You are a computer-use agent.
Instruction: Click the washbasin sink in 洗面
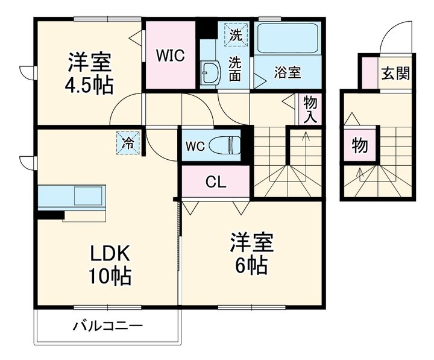(x=210, y=74)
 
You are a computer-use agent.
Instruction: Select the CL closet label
(x=215, y=182)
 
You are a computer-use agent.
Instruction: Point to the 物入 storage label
(x=310, y=109)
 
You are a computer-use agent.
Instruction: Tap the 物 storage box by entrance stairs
(x=360, y=145)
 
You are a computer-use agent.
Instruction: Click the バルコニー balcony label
(x=108, y=327)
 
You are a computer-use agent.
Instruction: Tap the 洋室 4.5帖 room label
(x=89, y=74)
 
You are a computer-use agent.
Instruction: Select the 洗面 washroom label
(x=236, y=68)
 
